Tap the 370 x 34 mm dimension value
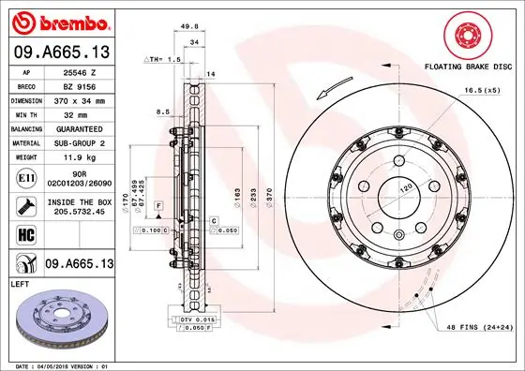(x=80, y=100)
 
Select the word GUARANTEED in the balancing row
(x=80, y=128)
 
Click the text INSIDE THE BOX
(x=80, y=201)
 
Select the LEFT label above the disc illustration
(x=22, y=283)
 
